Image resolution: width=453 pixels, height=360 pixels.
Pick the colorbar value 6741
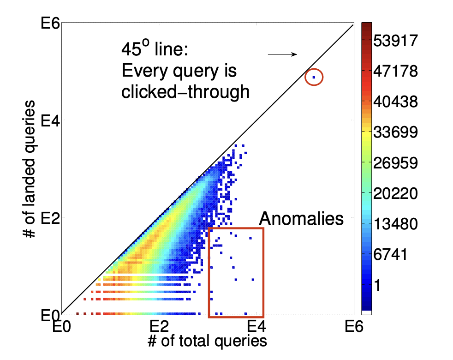click(393, 254)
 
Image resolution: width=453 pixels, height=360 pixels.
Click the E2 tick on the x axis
click(160, 326)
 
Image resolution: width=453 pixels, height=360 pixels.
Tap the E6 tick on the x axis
click(353, 326)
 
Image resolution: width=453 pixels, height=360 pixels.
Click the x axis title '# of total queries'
click(207, 341)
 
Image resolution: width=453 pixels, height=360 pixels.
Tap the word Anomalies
click(301, 218)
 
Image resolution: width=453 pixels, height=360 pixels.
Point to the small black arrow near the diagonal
click(282, 54)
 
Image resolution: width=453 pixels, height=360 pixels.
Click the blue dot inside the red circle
click(314, 77)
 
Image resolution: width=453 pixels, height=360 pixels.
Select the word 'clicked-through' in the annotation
click(185, 92)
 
